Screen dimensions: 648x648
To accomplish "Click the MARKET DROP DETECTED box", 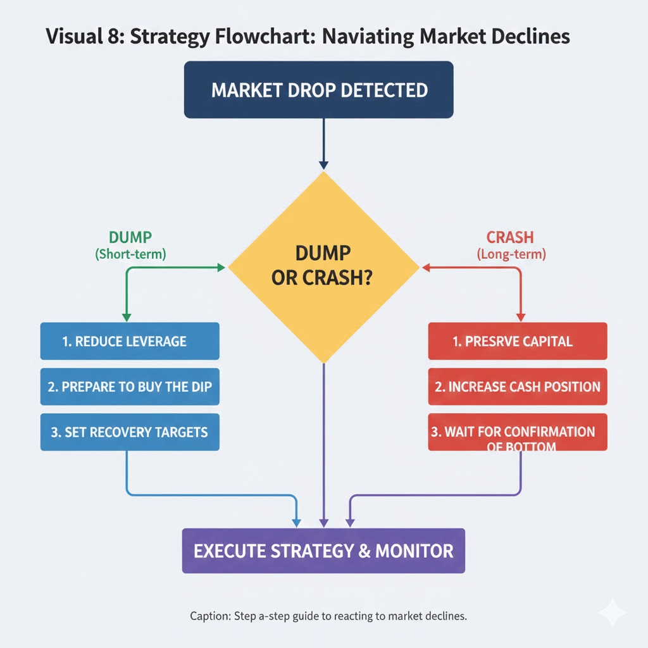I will click(319, 89).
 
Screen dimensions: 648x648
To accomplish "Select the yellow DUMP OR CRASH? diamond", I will click(323, 266).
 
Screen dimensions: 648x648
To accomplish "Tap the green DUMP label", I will click(130, 237).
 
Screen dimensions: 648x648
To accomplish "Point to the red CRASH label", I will click(510, 237).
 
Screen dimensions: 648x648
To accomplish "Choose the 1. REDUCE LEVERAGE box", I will click(130, 341).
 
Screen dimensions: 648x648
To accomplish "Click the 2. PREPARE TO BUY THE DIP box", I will click(130, 387).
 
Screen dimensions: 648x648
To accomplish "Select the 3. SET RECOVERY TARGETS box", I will click(130, 432).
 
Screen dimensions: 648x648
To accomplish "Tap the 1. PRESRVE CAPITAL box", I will click(518, 341).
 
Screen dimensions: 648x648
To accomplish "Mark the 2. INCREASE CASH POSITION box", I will click(518, 387).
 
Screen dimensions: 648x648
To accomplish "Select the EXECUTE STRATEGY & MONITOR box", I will click(323, 551).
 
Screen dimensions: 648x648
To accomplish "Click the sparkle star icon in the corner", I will click(611, 612).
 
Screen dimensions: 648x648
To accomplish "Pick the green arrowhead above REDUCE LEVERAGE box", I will click(127, 316).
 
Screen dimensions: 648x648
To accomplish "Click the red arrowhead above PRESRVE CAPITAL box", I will click(520, 316).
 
